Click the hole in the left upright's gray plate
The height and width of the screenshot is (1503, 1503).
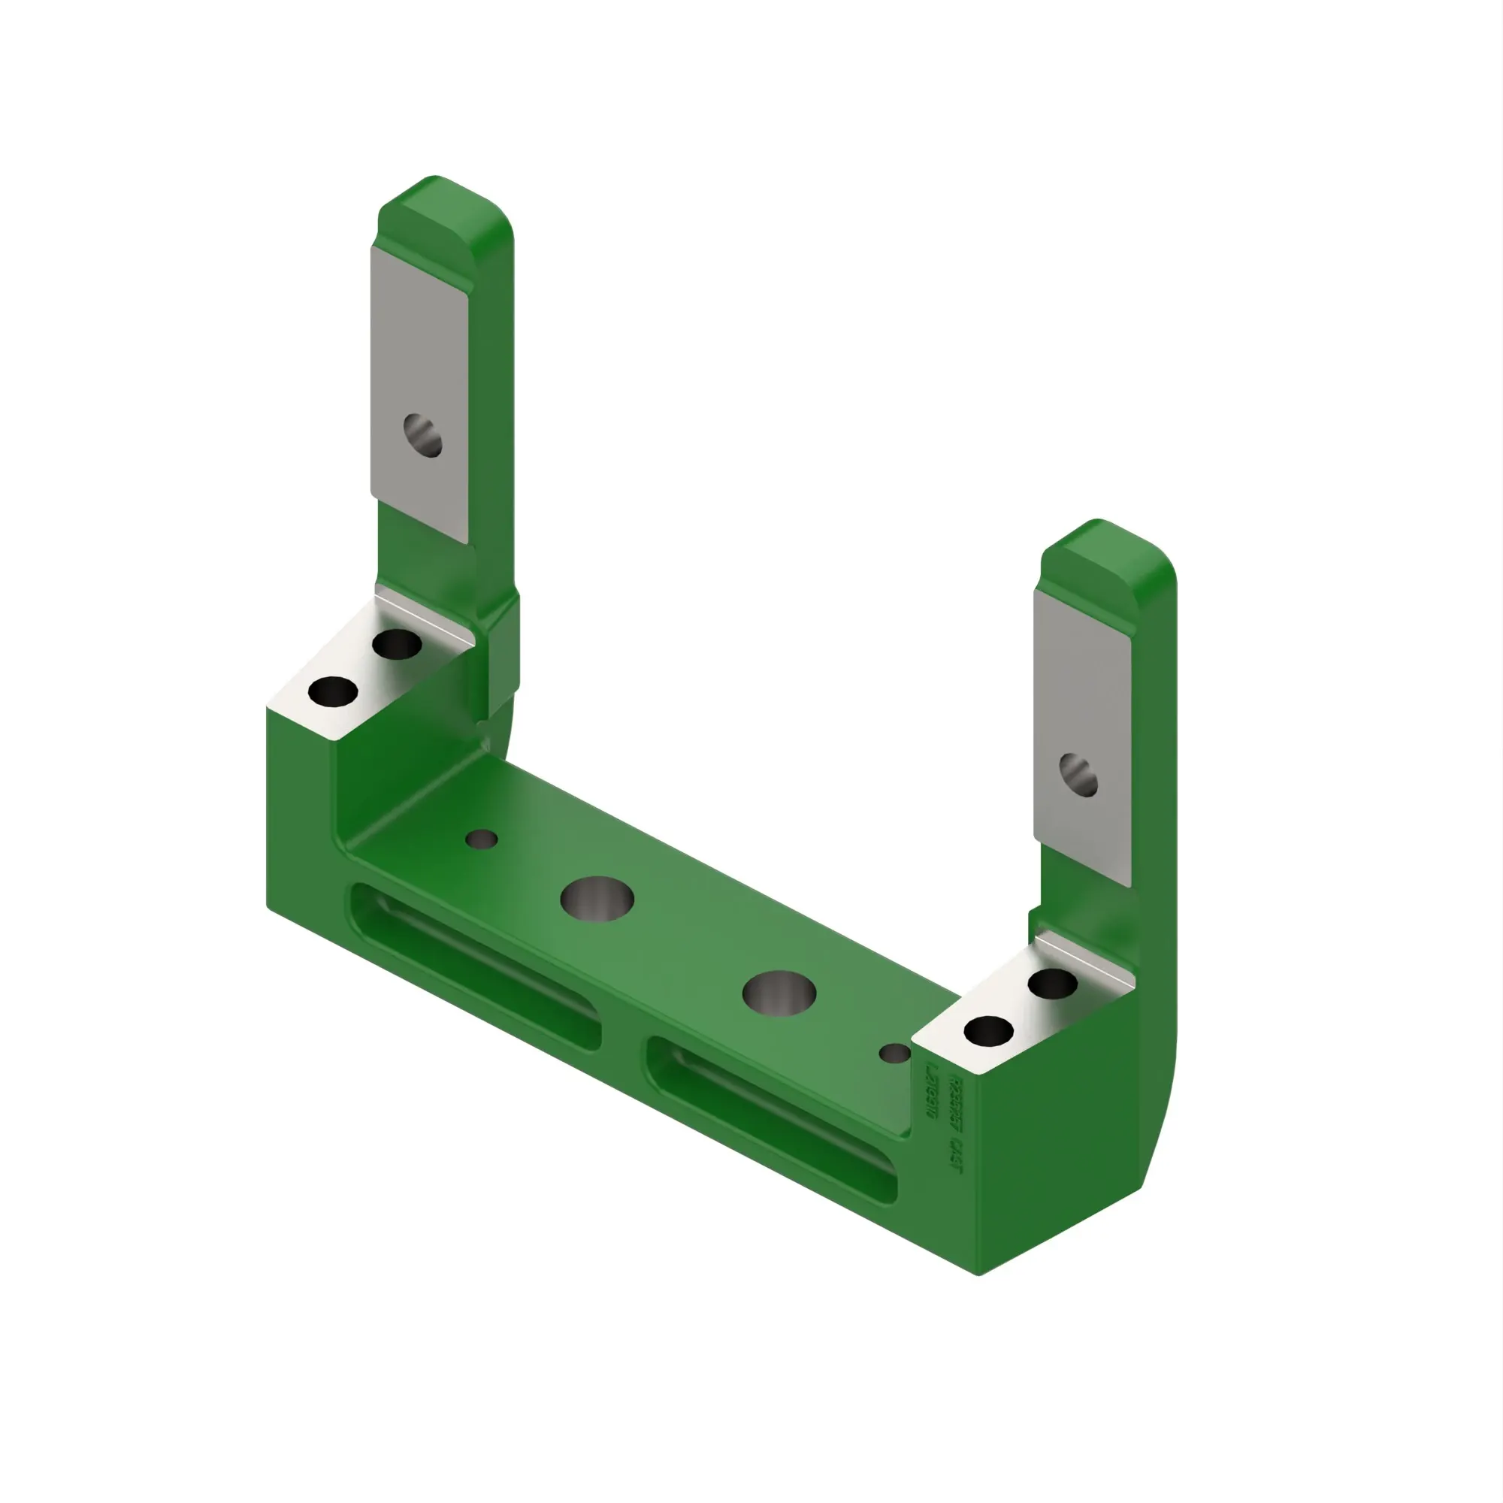(x=422, y=435)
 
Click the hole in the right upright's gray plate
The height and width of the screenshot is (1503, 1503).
(x=1078, y=775)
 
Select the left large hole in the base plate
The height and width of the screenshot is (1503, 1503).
(x=597, y=899)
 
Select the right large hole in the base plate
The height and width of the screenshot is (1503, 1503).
(x=779, y=993)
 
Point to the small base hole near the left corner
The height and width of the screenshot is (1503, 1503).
(x=482, y=839)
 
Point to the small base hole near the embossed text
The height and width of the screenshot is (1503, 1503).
(x=894, y=1054)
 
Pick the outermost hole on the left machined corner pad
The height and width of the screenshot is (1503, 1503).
(x=333, y=691)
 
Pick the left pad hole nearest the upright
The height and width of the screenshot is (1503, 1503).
(x=397, y=644)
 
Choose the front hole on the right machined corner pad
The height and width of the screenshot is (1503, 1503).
(x=988, y=1032)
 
